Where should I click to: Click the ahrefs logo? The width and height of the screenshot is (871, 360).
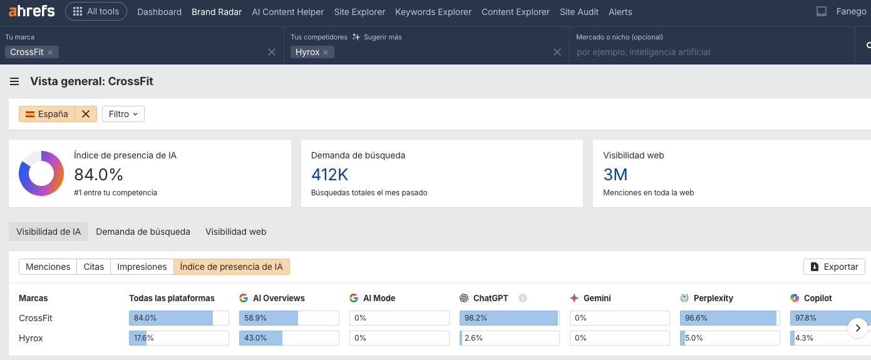tap(31, 11)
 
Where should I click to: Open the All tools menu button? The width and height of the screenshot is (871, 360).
tap(96, 11)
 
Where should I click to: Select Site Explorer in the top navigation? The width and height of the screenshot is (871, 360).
tap(359, 12)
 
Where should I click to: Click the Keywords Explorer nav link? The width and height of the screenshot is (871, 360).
tap(433, 12)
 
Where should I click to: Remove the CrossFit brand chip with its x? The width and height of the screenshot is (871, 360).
tap(50, 53)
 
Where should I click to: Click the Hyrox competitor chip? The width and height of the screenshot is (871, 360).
tap(307, 52)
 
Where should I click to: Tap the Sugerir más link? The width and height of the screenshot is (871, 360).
tap(377, 37)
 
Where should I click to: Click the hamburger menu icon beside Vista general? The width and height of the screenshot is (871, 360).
tap(14, 81)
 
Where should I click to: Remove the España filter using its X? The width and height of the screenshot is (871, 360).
tap(86, 114)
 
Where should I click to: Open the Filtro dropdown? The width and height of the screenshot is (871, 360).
tap(123, 114)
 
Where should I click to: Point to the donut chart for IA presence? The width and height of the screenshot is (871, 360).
tap(41, 173)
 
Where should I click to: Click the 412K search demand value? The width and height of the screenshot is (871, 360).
tap(329, 175)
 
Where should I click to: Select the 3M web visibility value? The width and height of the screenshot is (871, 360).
tap(615, 175)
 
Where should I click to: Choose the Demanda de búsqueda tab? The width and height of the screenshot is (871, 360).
tap(143, 232)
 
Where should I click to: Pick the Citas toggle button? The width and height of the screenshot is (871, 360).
tap(94, 267)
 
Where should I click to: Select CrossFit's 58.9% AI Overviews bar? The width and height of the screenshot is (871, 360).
tap(289, 318)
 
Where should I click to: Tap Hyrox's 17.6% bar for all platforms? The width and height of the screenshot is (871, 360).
tap(178, 338)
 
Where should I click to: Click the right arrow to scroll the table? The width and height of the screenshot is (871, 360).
tap(858, 327)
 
